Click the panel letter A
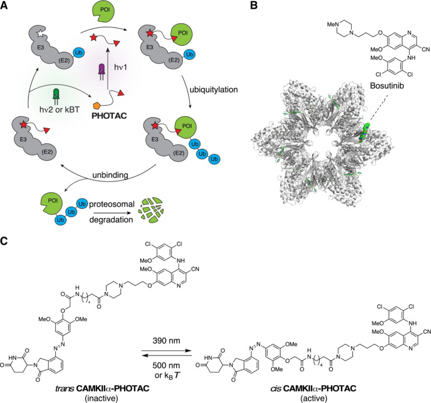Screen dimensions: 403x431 pos(6,6)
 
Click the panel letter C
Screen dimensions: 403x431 pos(6,228)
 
